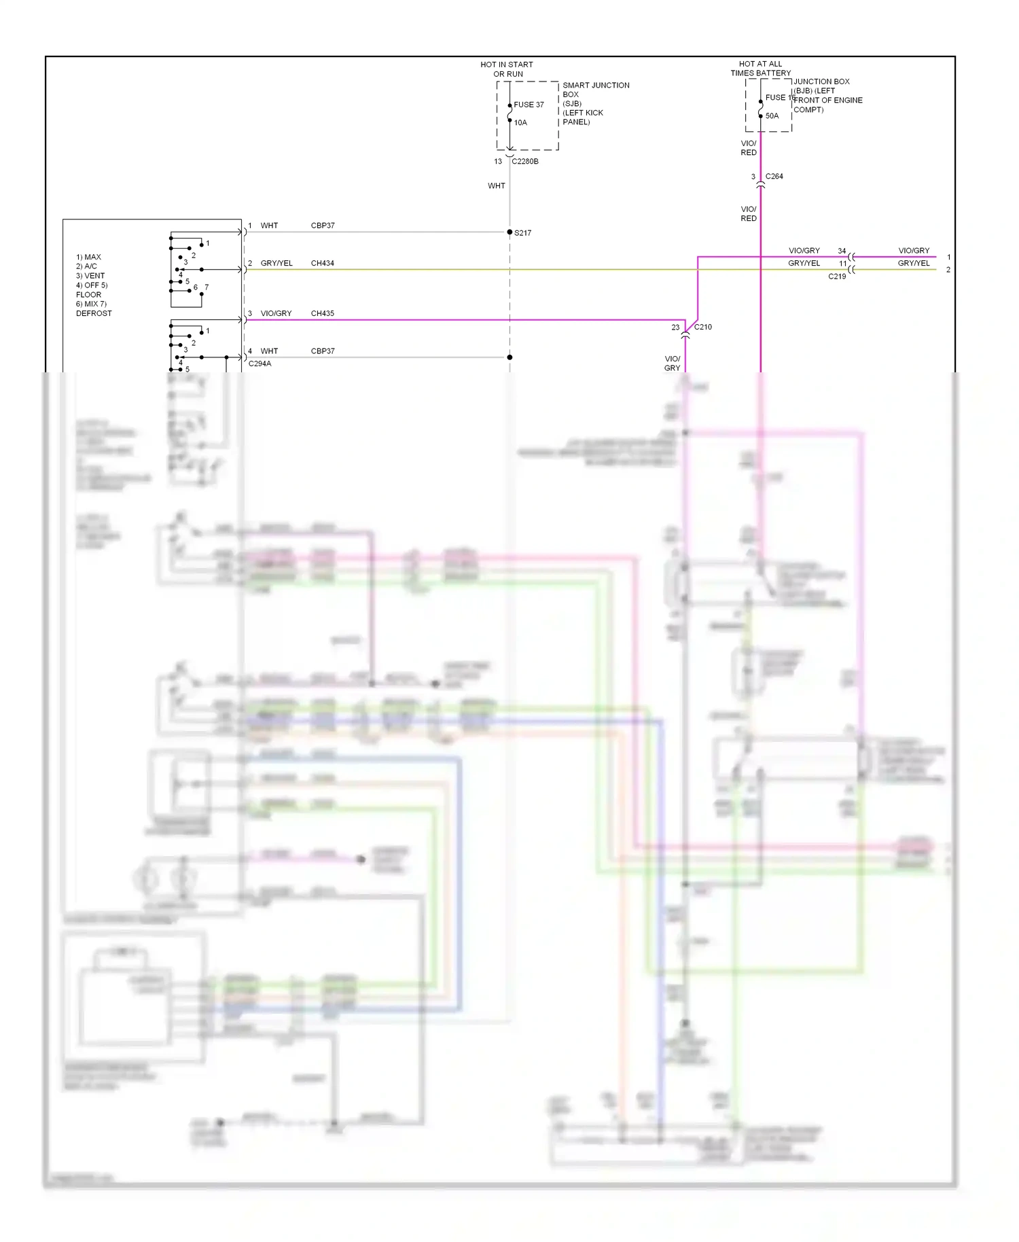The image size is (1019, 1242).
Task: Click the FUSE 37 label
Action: tap(529, 105)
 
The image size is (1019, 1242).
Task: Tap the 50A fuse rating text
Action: tap(772, 116)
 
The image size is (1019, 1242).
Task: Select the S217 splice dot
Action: tap(509, 232)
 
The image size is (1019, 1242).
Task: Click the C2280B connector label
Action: tap(525, 162)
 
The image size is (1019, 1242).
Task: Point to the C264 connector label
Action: tap(774, 177)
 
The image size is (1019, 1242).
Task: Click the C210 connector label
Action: tap(703, 327)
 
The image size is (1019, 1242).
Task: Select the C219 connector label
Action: tap(837, 277)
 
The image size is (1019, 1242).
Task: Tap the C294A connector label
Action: tap(260, 364)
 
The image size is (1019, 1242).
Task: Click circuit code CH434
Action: tap(323, 264)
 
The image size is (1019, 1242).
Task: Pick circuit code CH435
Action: tap(323, 314)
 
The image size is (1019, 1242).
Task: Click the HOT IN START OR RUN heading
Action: tap(507, 69)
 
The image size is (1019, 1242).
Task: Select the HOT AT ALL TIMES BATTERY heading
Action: tap(760, 69)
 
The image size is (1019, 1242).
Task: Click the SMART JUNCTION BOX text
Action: tap(595, 90)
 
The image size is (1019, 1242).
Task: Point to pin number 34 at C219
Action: tap(842, 251)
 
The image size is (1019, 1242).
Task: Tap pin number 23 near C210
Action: tap(675, 327)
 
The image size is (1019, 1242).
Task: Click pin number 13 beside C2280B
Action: tap(498, 162)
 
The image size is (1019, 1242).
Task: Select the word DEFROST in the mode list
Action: tap(94, 314)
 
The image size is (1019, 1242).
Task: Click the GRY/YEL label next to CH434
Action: tap(276, 264)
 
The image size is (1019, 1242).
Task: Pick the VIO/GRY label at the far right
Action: tap(914, 251)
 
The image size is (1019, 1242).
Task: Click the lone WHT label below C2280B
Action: tap(497, 186)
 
